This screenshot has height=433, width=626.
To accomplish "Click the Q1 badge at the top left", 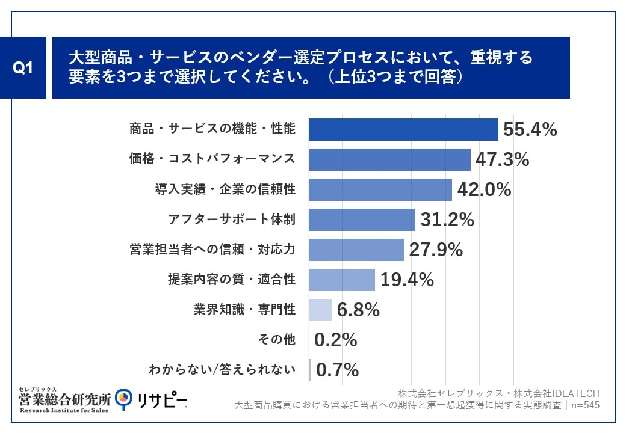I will (23, 68).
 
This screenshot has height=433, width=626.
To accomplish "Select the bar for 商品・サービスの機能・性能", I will (403, 129).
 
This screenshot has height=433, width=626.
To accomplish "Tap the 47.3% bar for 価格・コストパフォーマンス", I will (389, 159).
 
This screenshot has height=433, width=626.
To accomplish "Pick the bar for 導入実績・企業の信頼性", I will (380, 189).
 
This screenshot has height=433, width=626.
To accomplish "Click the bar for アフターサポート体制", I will (362, 220).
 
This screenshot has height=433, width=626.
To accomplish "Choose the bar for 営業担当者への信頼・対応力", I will (356, 250).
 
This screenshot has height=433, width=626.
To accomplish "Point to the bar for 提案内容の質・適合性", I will (342, 280).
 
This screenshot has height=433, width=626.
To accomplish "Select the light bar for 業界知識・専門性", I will (320, 310).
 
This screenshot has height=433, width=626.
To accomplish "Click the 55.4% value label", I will (530, 129).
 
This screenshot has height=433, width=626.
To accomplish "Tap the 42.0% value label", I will (484, 189).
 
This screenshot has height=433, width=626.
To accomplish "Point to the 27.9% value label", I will (436, 250).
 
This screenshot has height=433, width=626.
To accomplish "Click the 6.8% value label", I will (358, 310).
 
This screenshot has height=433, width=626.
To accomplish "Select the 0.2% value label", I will (336, 340).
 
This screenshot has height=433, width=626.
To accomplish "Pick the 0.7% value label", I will (337, 370).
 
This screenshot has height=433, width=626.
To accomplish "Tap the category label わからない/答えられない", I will (222, 370).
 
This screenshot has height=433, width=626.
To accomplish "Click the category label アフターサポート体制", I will (231, 220).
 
